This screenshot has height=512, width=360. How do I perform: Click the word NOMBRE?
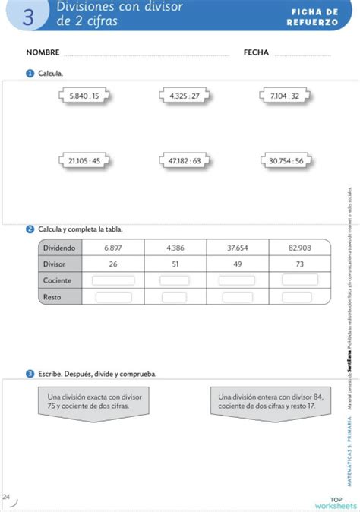point(43,53)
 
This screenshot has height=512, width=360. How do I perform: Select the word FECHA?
point(256,53)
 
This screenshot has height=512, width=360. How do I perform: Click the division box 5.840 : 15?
point(84,96)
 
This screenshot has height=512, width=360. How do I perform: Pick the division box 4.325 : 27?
point(185,96)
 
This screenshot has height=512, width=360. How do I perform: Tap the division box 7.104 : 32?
point(285,96)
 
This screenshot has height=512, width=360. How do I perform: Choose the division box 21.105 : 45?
point(84,160)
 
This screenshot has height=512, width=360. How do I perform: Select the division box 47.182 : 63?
point(185,160)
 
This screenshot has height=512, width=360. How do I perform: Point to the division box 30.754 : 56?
point(286,160)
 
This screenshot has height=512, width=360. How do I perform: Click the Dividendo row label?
point(59,248)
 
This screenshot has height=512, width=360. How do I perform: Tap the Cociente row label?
point(58,280)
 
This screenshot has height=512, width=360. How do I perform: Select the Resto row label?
point(52,297)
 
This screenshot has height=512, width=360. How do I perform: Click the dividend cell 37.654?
point(238,248)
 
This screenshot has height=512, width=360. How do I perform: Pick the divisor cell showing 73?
point(300,264)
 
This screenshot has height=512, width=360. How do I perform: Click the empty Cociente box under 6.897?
point(113,280)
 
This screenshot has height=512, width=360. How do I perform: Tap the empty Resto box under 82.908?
point(300,297)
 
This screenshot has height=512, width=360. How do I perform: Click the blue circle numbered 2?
point(30,229)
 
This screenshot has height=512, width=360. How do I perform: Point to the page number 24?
point(6,496)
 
